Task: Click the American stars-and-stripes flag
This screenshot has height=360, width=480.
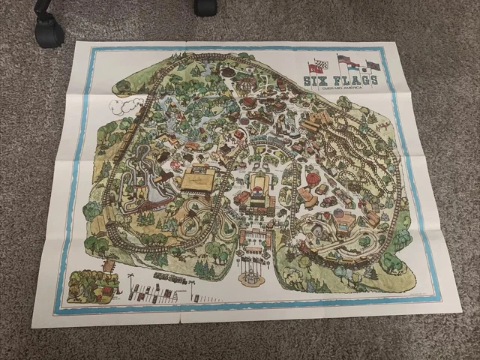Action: tap(344, 59)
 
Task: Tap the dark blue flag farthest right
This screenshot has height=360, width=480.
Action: tap(373, 65)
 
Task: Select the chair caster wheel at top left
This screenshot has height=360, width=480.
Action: tap(48, 32)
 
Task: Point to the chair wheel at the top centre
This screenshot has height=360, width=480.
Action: tap(205, 7)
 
